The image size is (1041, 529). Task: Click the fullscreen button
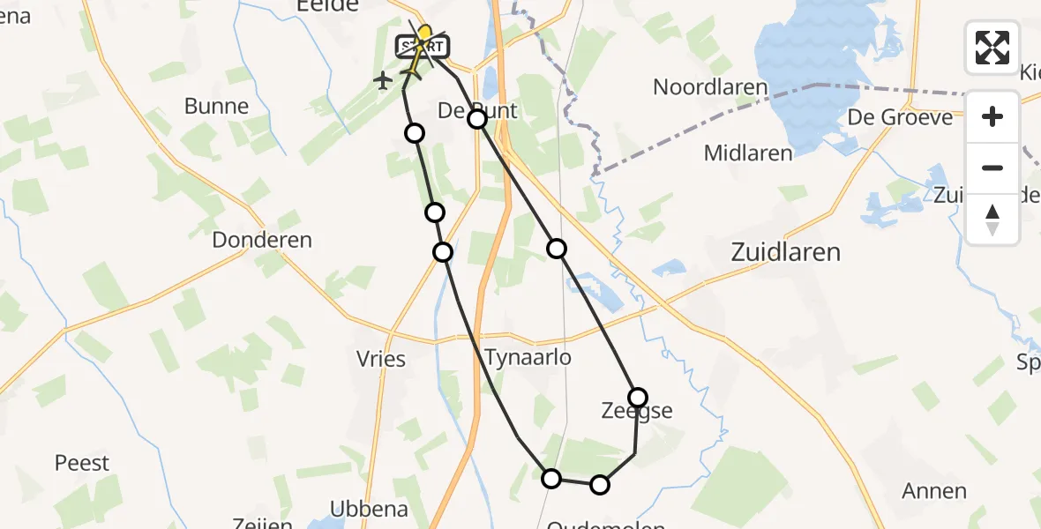tap(992, 47)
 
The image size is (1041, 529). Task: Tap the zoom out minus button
tap(992, 168)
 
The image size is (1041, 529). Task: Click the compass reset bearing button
tap(992, 219)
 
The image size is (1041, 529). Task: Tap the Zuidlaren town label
tap(785, 253)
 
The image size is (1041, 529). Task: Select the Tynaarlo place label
tap(528, 358)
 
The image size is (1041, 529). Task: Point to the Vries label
tap(382, 359)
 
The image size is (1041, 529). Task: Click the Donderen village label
tap(262, 240)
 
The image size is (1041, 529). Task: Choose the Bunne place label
tap(216, 107)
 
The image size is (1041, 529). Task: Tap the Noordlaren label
tap(710, 87)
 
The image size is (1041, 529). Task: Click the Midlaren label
tap(748, 153)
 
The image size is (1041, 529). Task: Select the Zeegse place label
tap(636, 411)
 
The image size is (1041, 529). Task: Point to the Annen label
tap(934, 491)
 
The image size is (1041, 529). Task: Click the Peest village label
tap(82, 463)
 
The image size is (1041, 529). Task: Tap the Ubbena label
tap(369, 509)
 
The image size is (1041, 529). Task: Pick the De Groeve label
tap(900, 117)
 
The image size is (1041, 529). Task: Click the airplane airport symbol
tap(382, 81)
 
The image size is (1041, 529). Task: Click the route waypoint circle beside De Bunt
tap(477, 118)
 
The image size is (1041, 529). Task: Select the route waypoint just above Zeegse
tap(638, 397)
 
